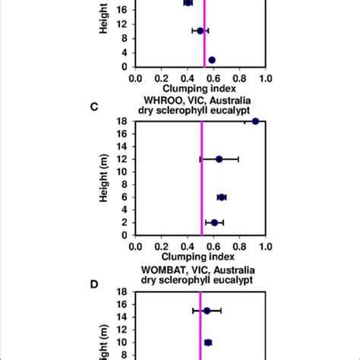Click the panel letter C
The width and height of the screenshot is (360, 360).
click(94, 106)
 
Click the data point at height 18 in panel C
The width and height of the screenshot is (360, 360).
click(255, 121)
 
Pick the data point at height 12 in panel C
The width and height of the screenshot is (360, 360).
click(219, 159)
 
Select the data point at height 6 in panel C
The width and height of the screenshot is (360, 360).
click(221, 197)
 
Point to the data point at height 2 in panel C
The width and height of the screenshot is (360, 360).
click(214, 223)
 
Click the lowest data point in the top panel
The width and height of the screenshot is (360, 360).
click(211, 60)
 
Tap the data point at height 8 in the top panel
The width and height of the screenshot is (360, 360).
click(200, 31)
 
